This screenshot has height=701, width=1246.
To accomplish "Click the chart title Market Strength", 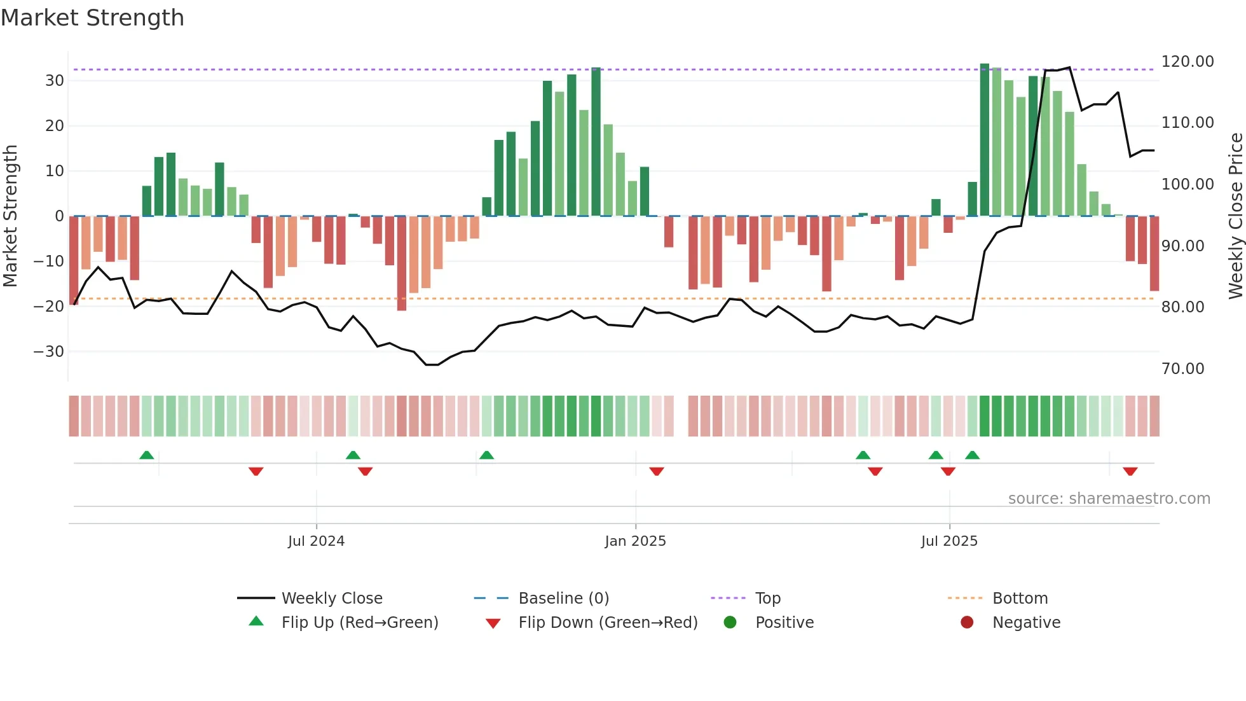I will [92, 18].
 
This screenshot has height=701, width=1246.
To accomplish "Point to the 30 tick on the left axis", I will [55, 81].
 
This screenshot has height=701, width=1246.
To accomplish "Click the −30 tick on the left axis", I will [49, 352].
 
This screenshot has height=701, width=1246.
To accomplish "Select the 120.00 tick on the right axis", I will [1187, 62].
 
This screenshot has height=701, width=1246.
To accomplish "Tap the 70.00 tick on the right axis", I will [1182, 369].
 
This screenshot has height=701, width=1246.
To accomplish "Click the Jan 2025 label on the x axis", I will [635, 541].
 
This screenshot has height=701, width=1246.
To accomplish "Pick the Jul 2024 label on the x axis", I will [316, 541].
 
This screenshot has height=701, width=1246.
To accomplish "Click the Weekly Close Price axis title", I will [1235, 216].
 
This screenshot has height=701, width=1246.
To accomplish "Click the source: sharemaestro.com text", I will [1109, 499].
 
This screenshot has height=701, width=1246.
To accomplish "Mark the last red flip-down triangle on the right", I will [1130, 471].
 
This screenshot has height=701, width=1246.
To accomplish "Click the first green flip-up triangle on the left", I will [147, 455].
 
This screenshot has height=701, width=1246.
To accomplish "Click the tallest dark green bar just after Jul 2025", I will [985, 140].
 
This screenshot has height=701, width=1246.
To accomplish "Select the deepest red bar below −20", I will [402, 263].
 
